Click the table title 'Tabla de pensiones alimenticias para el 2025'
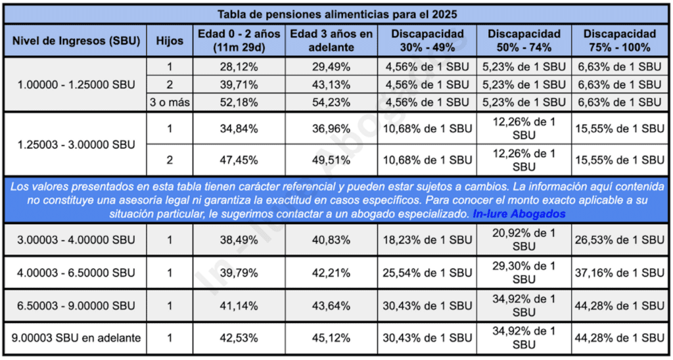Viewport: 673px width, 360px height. [x=336, y=14]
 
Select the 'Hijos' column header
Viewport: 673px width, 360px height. [x=170, y=41]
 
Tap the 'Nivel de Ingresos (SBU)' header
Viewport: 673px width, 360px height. [x=76, y=41]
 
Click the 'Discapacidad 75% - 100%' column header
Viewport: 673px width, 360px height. [x=619, y=41]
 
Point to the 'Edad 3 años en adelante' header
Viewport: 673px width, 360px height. [x=331, y=41]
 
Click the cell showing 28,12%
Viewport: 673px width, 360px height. [x=238, y=66]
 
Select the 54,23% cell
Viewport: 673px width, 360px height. [x=331, y=102]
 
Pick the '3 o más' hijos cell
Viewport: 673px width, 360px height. [x=170, y=102]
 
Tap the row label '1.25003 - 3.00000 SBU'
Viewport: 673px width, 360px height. [x=76, y=145]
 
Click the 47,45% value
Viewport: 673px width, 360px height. [x=238, y=160]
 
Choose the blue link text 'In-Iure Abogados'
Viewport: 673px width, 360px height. [x=519, y=214]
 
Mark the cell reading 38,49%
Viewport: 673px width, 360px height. [x=238, y=240]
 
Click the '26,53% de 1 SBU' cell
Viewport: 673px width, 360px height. [x=619, y=240]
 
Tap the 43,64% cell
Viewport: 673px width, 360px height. [x=331, y=306]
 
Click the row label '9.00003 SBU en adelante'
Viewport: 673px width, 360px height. [x=76, y=338]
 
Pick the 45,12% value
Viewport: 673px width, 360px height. [x=331, y=338]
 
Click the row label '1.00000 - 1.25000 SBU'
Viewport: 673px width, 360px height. [x=76, y=84]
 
